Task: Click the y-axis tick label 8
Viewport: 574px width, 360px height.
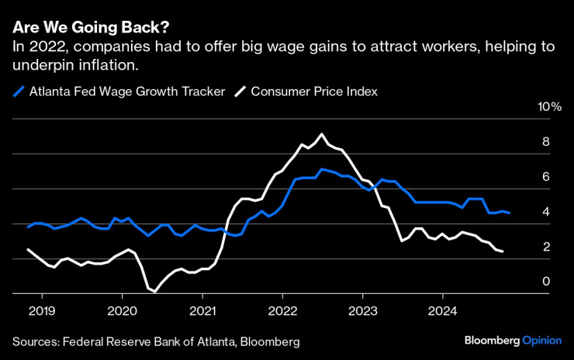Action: (545, 141)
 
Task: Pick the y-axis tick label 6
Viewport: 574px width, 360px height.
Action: (545, 176)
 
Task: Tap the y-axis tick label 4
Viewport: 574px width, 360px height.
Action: (545, 211)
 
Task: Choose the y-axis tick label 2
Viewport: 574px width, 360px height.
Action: (545, 246)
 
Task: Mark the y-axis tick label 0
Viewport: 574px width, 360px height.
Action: (545, 281)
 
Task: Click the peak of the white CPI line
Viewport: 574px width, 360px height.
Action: (322, 134)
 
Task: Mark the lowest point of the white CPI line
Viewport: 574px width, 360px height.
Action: (155, 292)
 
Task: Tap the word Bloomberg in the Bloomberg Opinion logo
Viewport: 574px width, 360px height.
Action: (492, 341)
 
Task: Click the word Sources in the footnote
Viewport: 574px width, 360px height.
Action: (36, 341)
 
